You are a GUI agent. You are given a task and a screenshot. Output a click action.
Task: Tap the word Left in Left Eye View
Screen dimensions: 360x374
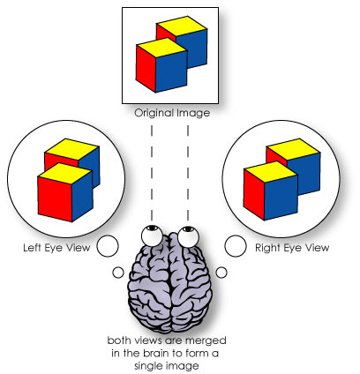coord(33,248)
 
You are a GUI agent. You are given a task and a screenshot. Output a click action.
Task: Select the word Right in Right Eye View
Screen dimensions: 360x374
coord(266,248)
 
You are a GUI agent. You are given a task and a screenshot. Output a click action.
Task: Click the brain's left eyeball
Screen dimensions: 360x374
coord(152,236)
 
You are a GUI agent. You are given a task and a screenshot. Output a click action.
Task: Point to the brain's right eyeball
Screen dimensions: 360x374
coord(188,236)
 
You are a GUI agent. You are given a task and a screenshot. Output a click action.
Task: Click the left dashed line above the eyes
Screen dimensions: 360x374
coord(152,173)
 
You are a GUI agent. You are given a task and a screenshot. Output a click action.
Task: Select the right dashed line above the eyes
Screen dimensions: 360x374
coord(188,173)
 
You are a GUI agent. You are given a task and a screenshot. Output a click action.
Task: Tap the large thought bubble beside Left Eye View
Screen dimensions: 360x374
coord(108,246)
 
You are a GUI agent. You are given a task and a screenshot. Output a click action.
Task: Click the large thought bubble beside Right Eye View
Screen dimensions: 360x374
coord(236,246)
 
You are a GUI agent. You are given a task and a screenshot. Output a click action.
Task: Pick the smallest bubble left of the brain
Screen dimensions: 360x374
coord(118,273)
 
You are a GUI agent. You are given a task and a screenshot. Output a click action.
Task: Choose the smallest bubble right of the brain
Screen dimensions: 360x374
coord(221,273)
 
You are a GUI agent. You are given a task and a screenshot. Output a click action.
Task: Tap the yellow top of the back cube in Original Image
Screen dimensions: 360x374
coord(182,26)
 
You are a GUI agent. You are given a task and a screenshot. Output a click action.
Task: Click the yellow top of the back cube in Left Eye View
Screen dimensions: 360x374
coord(72,149)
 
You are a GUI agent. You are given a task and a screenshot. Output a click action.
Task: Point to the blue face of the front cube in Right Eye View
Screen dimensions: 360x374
coord(281,197)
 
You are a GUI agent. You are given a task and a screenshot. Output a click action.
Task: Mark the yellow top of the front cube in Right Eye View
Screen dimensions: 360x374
coord(271,171)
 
